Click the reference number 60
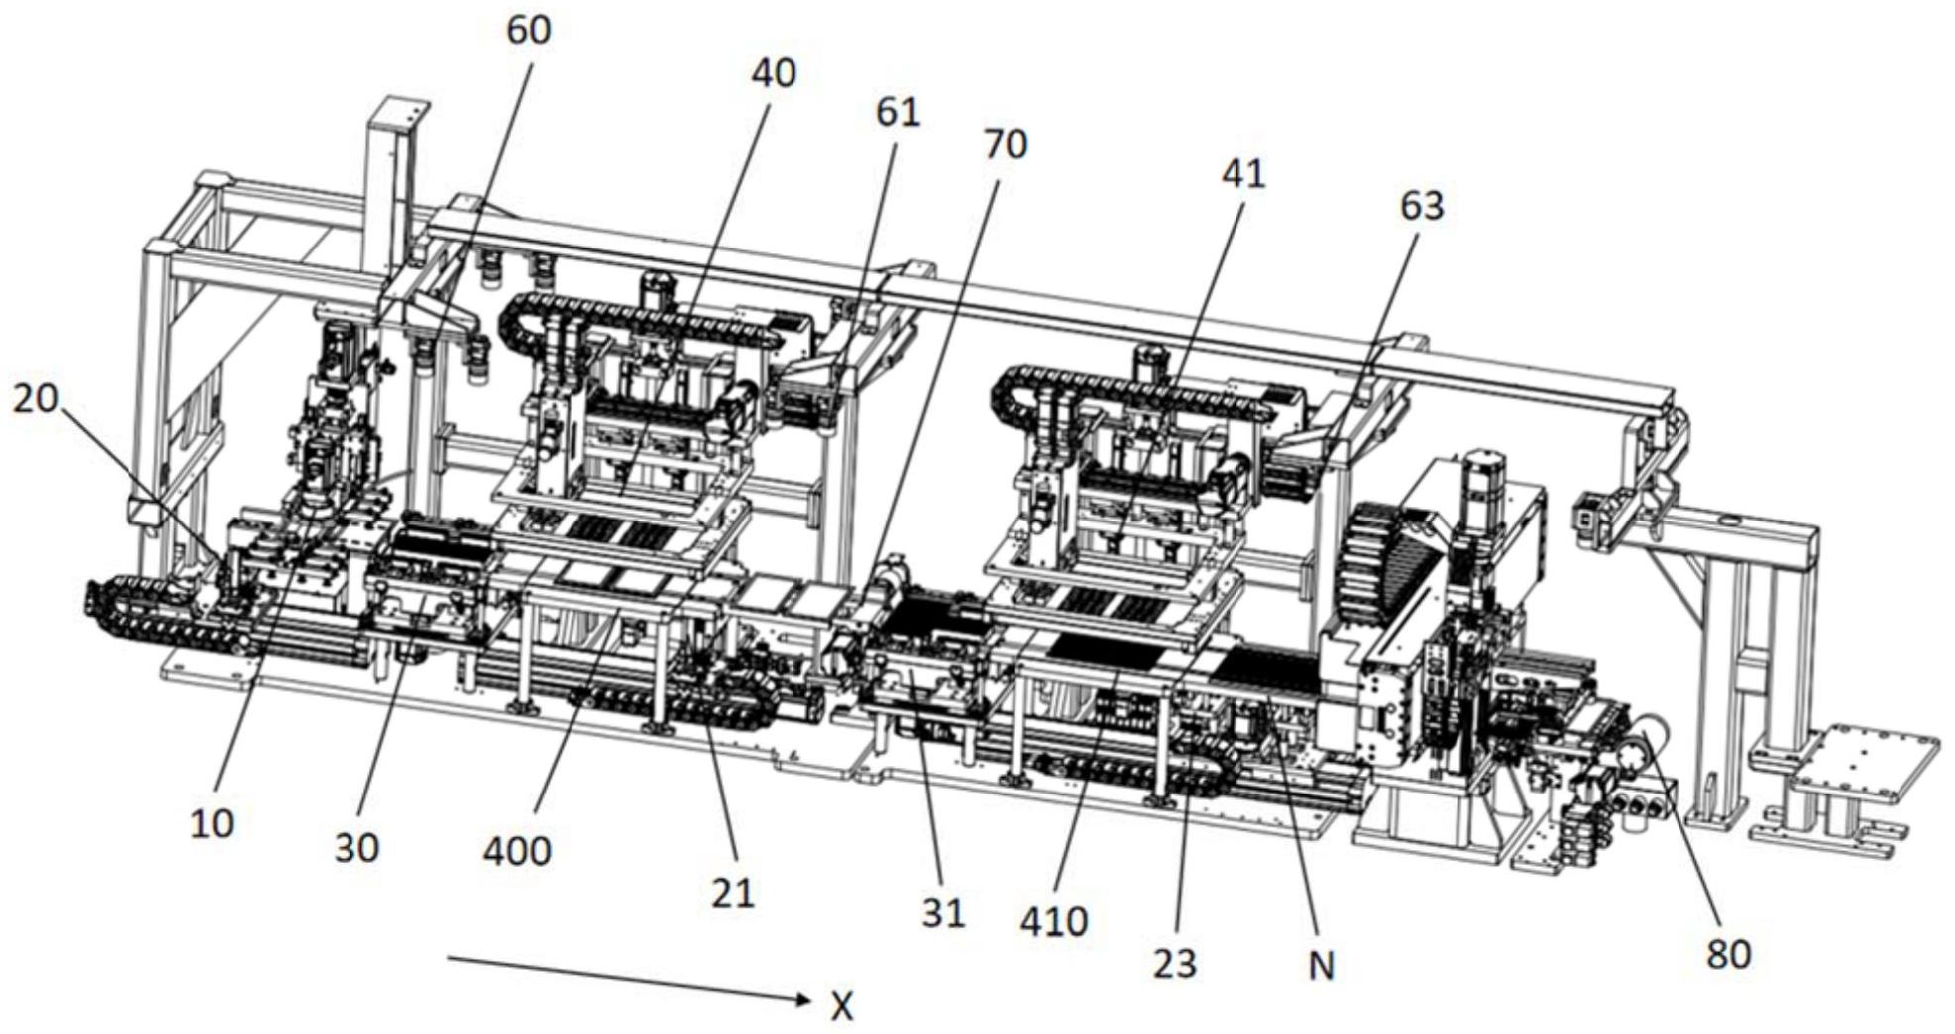click(x=528, y=30)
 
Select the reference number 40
click(x=773, y=72)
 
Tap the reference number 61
click(x=898, y=112)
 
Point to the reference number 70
click(x=1005, y=144)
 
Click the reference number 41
click(x=1244, y=174)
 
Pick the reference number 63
click(x=1422, y=206)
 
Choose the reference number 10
click(x=212, y=822)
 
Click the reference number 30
click(x=356, y=847)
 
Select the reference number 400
click(x=517, y=849)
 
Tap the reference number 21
click(x=733, y=894)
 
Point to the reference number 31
click(x=942, y=913)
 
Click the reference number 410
click(x=1054, y=921)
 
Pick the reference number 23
click(x=1175, y=963)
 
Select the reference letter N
click(x=1321, y=965)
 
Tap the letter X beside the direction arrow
click(x=842, y=1006)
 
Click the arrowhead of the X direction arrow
click(x=807, y=1000)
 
